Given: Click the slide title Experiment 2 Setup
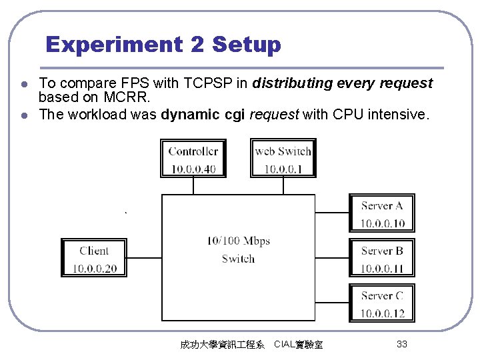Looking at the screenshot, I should tap(163, 45).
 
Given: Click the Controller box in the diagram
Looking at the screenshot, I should tap(193, 159).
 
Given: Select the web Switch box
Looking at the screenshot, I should tap(283, 159).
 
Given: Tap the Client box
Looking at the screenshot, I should tap(93, 258).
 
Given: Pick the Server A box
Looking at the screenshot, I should tap(382, 213).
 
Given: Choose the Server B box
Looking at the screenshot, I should tap(382, 258).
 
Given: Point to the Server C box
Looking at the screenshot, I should tap(382, 303).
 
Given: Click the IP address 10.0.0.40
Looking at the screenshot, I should tap(193, 169).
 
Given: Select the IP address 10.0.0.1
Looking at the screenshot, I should tap(283, 169).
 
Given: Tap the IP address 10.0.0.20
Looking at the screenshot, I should tap(93, 269).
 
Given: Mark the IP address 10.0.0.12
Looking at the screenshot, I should tap(383, 313).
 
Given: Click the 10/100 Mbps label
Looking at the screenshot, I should tap(238, 241).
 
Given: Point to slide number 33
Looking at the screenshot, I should tap(401, 344).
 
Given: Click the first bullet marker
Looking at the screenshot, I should tap(23, 85).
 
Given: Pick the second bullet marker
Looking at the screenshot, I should tap(23, 115).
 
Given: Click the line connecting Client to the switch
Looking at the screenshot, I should tap(144, 258).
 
